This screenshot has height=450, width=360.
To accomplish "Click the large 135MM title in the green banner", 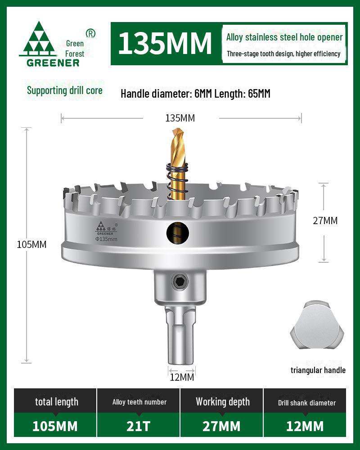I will coord(165,43).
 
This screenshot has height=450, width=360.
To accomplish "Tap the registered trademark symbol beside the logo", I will coord(90,33).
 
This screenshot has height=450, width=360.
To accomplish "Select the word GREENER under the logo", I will coord(53,63).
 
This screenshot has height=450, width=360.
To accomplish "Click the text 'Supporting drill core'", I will coord(65,90).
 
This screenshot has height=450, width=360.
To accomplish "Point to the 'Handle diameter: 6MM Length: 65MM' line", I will coord(195,94).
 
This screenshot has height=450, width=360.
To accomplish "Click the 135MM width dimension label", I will coord(180,118).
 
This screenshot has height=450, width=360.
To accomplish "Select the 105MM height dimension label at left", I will coord(31,244).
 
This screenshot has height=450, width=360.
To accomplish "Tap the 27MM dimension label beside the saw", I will coord(325,220).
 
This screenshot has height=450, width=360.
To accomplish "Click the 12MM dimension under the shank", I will coord(182,377).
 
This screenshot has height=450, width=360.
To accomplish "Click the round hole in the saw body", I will coord(178,233).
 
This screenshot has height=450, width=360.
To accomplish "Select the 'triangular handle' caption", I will coord(318,370).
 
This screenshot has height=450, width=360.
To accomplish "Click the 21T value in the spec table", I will coord(139,426).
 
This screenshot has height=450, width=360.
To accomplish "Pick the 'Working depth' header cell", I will coord(222,402).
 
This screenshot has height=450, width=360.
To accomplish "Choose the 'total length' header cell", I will coord(57,402).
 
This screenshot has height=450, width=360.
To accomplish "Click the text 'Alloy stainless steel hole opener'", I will coord(284,38).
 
